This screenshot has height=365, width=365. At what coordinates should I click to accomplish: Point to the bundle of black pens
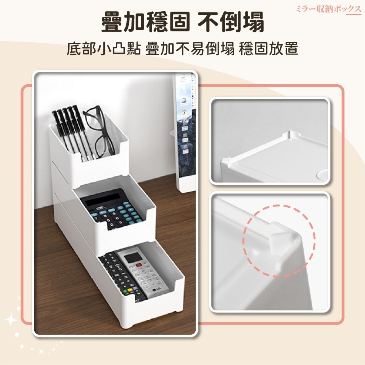[69, 128]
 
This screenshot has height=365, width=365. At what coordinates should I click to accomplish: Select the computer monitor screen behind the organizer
[186, 120]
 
